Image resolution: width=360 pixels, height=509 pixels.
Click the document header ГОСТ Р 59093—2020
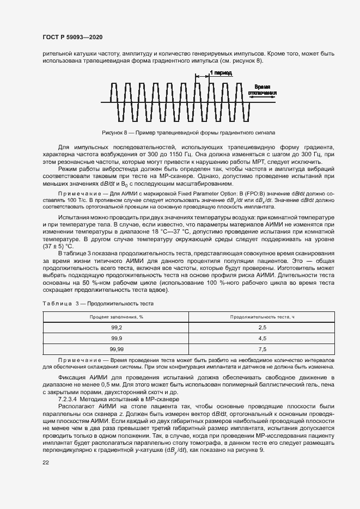click(72, 37)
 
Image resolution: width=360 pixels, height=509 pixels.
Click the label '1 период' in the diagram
click(220, 72)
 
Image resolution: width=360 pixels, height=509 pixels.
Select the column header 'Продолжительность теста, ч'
click(262, 316)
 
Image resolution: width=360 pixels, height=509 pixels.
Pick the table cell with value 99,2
click(116, 327)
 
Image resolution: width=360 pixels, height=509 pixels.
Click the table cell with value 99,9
click(116, 338)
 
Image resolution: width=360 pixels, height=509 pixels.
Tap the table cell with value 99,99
click(116, 349)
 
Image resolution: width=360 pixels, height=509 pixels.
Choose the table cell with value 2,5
click(262, 327)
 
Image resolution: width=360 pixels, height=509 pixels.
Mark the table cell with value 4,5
click(262, 338)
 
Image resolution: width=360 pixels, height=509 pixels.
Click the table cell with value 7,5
click(262, 349)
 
